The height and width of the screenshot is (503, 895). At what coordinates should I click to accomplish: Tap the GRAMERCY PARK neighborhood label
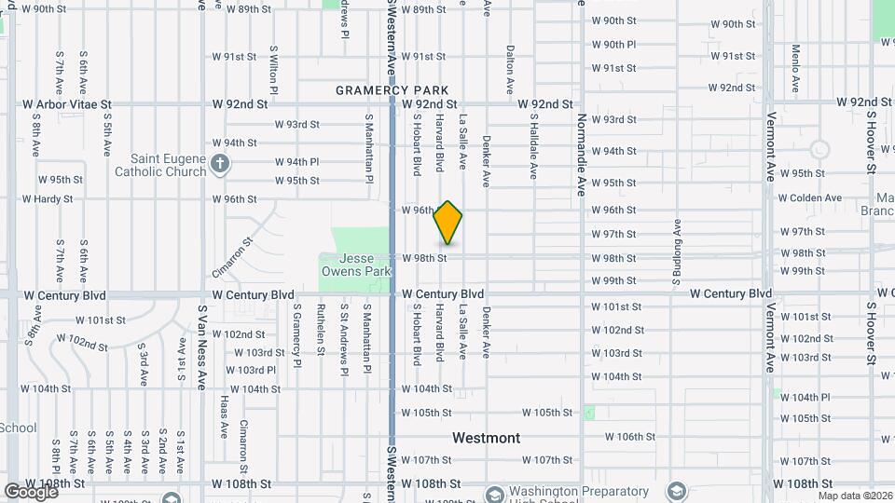click(386, 89)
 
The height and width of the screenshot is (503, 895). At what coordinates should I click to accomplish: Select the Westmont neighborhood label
click(486, 437)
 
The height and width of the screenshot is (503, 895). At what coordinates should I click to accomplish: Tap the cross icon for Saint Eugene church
click(220, 165)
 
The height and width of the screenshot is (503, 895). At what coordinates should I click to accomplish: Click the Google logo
click(30, 491)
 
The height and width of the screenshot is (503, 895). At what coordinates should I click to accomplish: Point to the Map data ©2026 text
click(855, 496)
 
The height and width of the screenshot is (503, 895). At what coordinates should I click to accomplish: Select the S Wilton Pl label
click(274, 70)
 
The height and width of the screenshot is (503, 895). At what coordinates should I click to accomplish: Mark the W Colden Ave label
click(809, 197)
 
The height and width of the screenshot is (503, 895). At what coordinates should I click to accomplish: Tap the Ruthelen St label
click(321, 329)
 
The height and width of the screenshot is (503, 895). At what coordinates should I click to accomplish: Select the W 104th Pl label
click(805, 397)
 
